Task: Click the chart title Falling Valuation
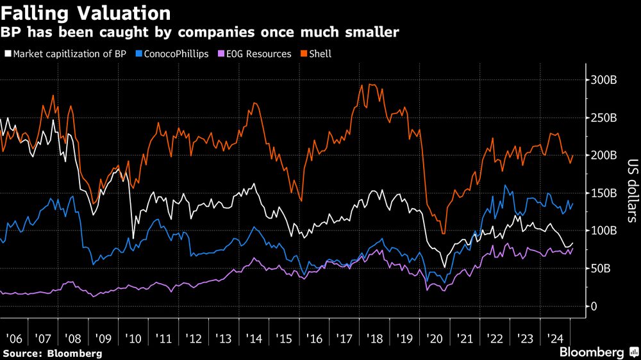pos(87,13)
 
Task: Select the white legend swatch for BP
pos(8,54)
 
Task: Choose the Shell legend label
pos(320,54)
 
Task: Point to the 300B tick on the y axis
pos(603,81)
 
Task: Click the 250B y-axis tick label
pos(603,119)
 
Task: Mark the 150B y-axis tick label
pos(603,193)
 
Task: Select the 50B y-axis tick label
pos(601,268)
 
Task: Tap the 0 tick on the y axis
pos(594,306)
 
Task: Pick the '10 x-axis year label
pos(133,338)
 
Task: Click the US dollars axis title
pos(631,192)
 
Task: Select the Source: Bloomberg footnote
pos(52,353)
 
